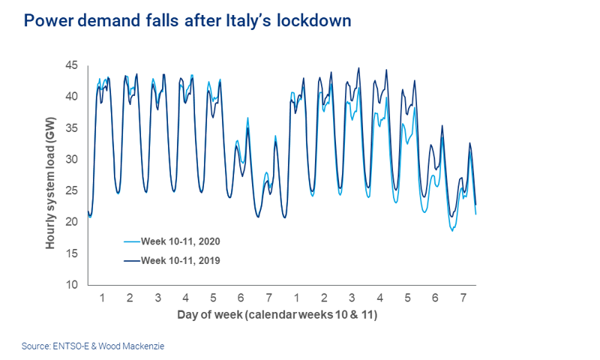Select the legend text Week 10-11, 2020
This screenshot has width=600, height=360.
181,241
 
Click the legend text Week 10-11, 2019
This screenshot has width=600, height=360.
181,260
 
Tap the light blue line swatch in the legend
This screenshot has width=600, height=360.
132,241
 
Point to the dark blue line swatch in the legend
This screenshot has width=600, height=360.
132,260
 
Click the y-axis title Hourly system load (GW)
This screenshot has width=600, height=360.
50,175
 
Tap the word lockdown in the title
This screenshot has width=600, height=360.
314,20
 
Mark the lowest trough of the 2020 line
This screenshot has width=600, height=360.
452,231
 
